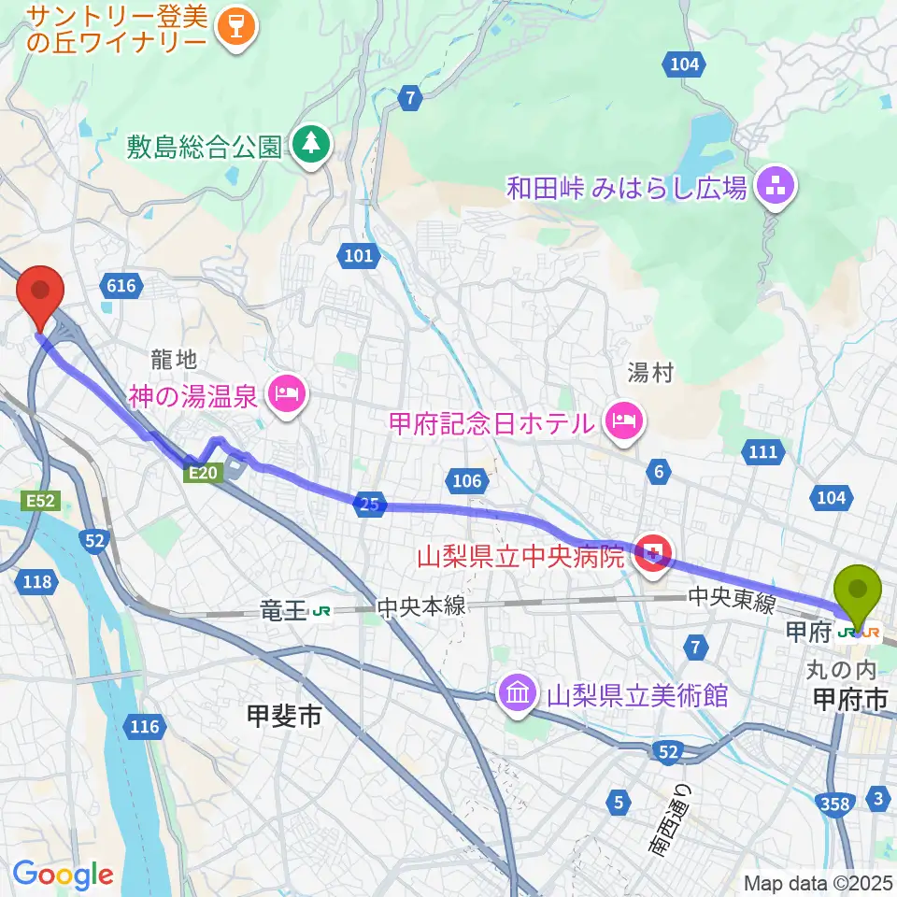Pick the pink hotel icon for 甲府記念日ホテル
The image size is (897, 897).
[623, 420]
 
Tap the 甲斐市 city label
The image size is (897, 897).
[283, 718]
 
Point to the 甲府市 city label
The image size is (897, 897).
[849, 698]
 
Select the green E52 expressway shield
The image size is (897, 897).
[42, 502]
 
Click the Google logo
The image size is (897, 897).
[63, 875]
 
